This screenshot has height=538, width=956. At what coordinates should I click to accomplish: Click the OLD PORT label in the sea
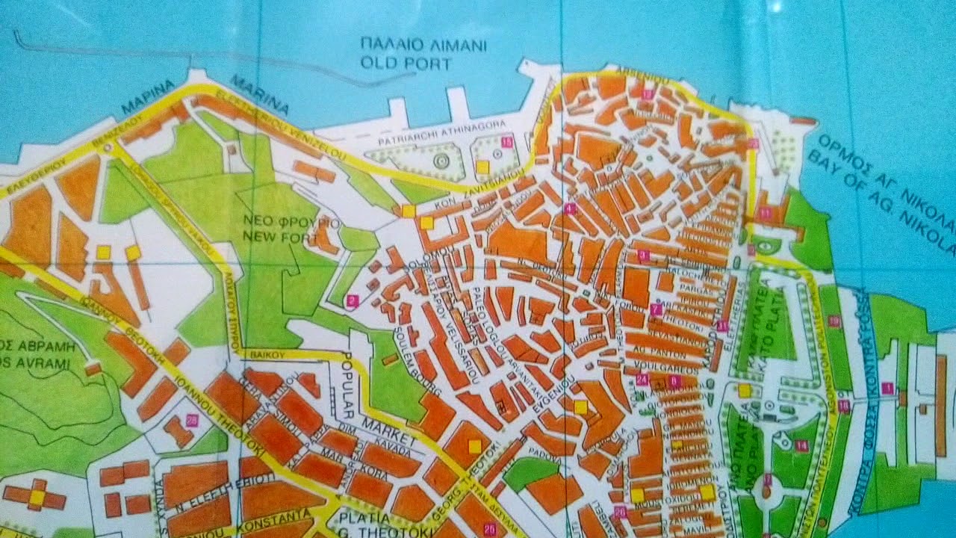[406, 63]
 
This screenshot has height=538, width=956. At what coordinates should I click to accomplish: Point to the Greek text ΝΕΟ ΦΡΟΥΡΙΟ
[292, 223]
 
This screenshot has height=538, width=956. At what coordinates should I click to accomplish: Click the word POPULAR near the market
[352, 382]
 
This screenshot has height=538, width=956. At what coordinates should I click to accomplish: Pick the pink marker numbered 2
[353, 301]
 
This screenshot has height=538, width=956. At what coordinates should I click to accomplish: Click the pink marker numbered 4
[571, 208]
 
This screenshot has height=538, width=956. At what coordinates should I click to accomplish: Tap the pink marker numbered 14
[801, 446]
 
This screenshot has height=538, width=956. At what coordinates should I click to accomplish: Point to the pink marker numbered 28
[192, 420]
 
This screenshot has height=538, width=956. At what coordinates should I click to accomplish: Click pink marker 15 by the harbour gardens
[507, 142]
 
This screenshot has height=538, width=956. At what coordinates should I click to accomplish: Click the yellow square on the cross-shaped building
[37, 495]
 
